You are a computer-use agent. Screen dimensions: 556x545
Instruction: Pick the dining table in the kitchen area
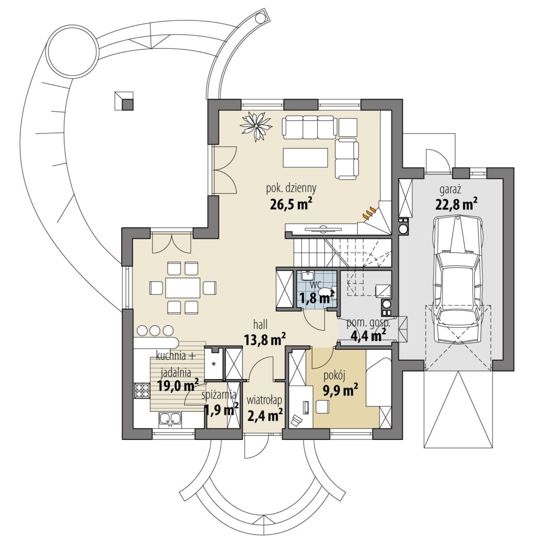tap(183, 288)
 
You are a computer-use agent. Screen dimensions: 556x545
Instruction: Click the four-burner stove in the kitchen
tap(142, 390)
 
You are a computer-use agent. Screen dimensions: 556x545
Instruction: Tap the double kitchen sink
tap(171, 419)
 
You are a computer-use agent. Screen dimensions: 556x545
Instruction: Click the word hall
tap(260, 325)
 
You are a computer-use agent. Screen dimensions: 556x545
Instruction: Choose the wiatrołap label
tap(264, 401)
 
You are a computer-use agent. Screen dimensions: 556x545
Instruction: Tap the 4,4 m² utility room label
tap(368, 335)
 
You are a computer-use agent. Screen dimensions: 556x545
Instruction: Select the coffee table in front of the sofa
tap(305, 157)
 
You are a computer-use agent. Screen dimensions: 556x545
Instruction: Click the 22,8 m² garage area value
tap(455, 205)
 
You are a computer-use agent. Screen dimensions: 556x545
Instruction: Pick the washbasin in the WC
tap(307, 276)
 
